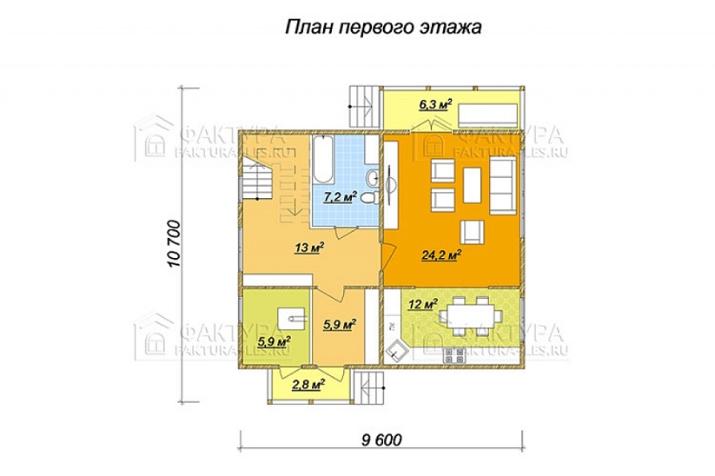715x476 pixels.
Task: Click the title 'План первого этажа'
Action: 383,29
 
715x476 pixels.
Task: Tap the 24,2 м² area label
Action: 441,255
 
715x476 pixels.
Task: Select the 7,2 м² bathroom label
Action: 341,196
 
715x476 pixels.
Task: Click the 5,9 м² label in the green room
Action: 274,341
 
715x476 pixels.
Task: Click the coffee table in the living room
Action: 473,182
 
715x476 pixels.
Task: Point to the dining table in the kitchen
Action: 470,314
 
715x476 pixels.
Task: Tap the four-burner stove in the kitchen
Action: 453,355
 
